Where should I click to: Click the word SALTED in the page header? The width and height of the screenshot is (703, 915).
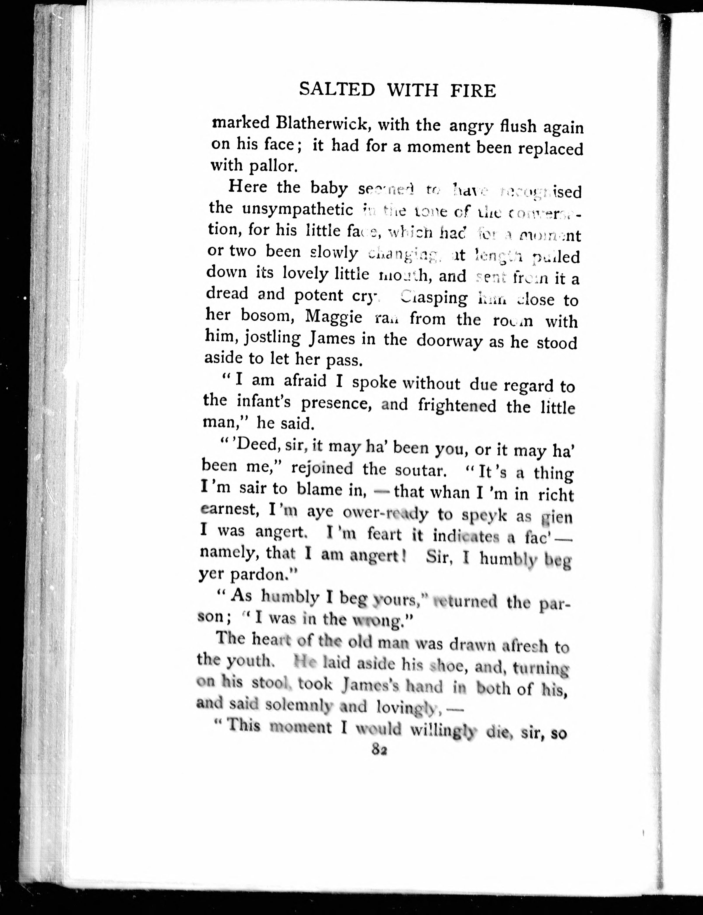click(x=337, y=90)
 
